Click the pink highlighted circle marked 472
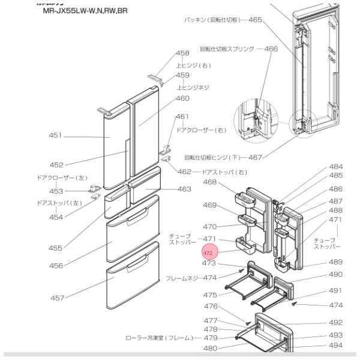(x=209, y=253)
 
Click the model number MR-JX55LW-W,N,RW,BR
(x=85, y=11)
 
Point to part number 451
(x=56, y=136)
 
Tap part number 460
(x=182, y=98)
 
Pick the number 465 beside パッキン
(x=255, y=20)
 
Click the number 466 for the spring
(x=271, y=49)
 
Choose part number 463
(x=184, y=190)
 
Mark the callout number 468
(x=209, y=182)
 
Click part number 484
(x=336, y=166)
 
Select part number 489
(x=336, y=262)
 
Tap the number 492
(x=336, y=322)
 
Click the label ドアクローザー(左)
(x=62, y=178)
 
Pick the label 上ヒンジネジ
(x=192, y=87)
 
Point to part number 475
(x=209, y=295)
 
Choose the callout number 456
(x=56, y=265)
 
